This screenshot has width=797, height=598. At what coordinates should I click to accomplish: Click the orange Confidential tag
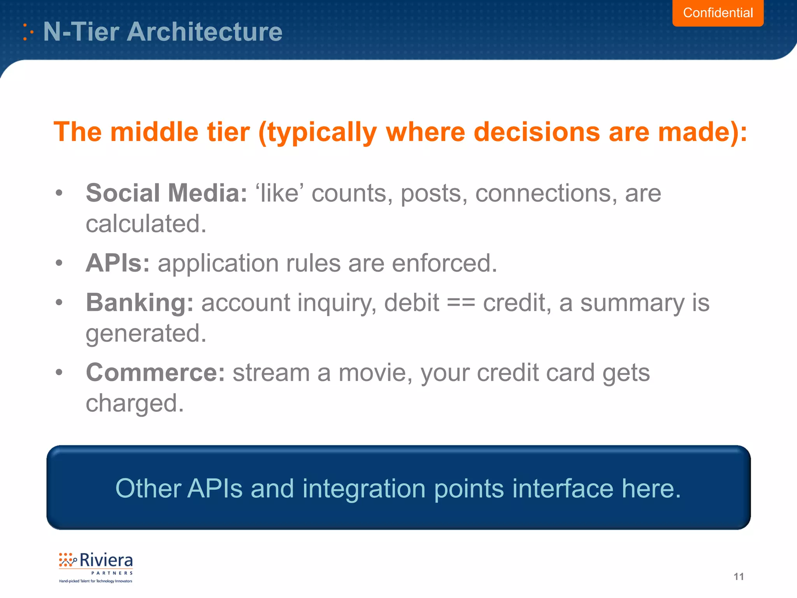[718, 13]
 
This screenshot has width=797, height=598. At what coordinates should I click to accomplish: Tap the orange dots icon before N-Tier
[28, 32]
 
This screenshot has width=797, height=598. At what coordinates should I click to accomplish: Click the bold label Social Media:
[166, 193]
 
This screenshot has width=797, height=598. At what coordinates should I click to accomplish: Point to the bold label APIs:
[118, 264]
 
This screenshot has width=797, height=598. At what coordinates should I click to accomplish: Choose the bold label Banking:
[139, 303]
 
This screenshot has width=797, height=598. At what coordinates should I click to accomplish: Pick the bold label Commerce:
[155, 373]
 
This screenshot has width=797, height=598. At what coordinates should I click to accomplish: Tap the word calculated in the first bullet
[146, 224]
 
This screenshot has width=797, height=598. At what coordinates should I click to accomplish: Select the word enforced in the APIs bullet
[444, 264]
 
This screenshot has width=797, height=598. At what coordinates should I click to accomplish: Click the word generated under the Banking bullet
[146, 334]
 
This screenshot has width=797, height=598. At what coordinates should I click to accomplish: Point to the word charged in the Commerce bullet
[134, 404]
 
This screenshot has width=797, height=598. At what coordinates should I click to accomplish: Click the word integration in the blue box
[363, 488]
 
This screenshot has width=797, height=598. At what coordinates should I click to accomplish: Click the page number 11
[738, 577]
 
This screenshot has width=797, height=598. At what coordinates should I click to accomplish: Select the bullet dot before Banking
[59, 302]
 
